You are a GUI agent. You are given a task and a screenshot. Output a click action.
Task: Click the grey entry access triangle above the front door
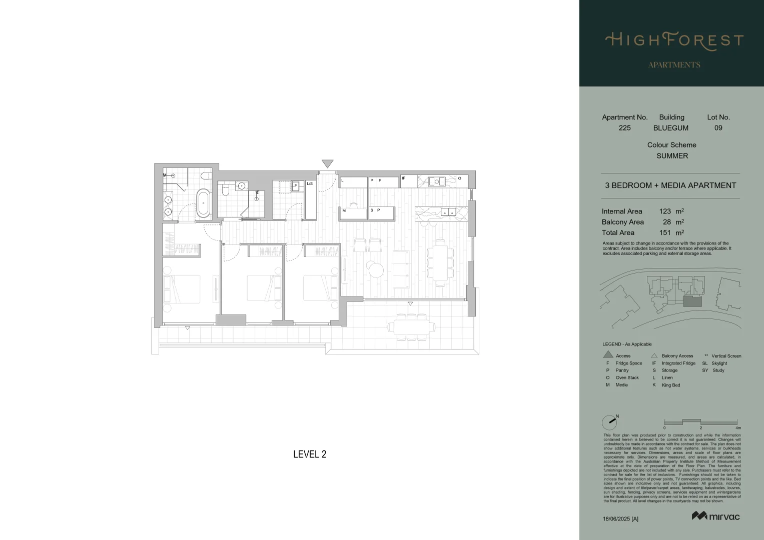click(x=327, y=163)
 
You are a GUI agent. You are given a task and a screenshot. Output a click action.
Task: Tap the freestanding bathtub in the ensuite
click(x=203, y=202)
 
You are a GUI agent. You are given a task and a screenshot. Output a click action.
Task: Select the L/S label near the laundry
click(x=310, y=183)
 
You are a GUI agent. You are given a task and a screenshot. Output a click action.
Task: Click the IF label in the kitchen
click(x=403, y=178)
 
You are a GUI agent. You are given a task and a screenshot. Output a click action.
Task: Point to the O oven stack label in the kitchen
click(x=459, y=178)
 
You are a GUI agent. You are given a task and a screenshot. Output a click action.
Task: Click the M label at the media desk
click(x=344, y=210)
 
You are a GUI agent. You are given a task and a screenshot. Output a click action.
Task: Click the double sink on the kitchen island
click(x=448, y=212)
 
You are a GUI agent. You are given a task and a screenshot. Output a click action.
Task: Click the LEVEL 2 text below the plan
click(x=309, y=454)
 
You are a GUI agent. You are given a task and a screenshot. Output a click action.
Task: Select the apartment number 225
click(x=624, y=128)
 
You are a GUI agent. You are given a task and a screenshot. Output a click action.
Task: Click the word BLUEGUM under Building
click(x=670, y=128)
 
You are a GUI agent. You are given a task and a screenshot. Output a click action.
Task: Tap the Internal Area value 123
click(x=664, y=211)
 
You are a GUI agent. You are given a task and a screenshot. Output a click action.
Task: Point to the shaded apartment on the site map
click(x=692, y=300)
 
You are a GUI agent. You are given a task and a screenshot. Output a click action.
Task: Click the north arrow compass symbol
click(x=610, y=422)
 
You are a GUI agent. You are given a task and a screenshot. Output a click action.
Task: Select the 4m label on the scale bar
click(x=738, y=428)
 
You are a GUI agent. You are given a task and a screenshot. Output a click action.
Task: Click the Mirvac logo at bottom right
click(x=715, y=516)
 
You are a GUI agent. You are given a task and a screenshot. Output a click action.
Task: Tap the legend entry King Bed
click(x=670, y=385)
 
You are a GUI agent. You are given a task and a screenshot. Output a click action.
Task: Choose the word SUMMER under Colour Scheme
click(x=672, y=156)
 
